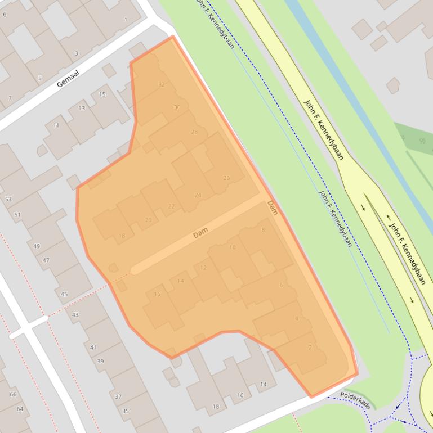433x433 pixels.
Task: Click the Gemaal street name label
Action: pos(69,79)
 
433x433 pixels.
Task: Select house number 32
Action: pos(162,85)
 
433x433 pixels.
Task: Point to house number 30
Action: pos(177,107)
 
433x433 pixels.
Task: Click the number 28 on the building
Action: pos(194,132)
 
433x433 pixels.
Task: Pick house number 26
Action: pos(226,178)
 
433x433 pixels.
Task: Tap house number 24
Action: pos(198,196)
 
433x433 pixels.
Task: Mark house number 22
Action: pos(171,206)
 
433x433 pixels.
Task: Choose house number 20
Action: pos(148,220)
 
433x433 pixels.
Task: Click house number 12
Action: pos(203,268)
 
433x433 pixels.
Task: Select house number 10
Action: pos(233,247)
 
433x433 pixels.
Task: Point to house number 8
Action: pos(263,230)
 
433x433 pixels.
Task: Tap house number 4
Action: pos(297,319)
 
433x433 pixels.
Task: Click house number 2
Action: pos(310,348)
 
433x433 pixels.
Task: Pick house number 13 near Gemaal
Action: pos(82,109)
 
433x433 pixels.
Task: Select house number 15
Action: pos(102,94)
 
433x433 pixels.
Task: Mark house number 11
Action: pos(56,125)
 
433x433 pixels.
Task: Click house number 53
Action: pos(8,199)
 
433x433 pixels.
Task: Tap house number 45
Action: pos(64,294)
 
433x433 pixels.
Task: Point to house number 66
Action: pos(13,394)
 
